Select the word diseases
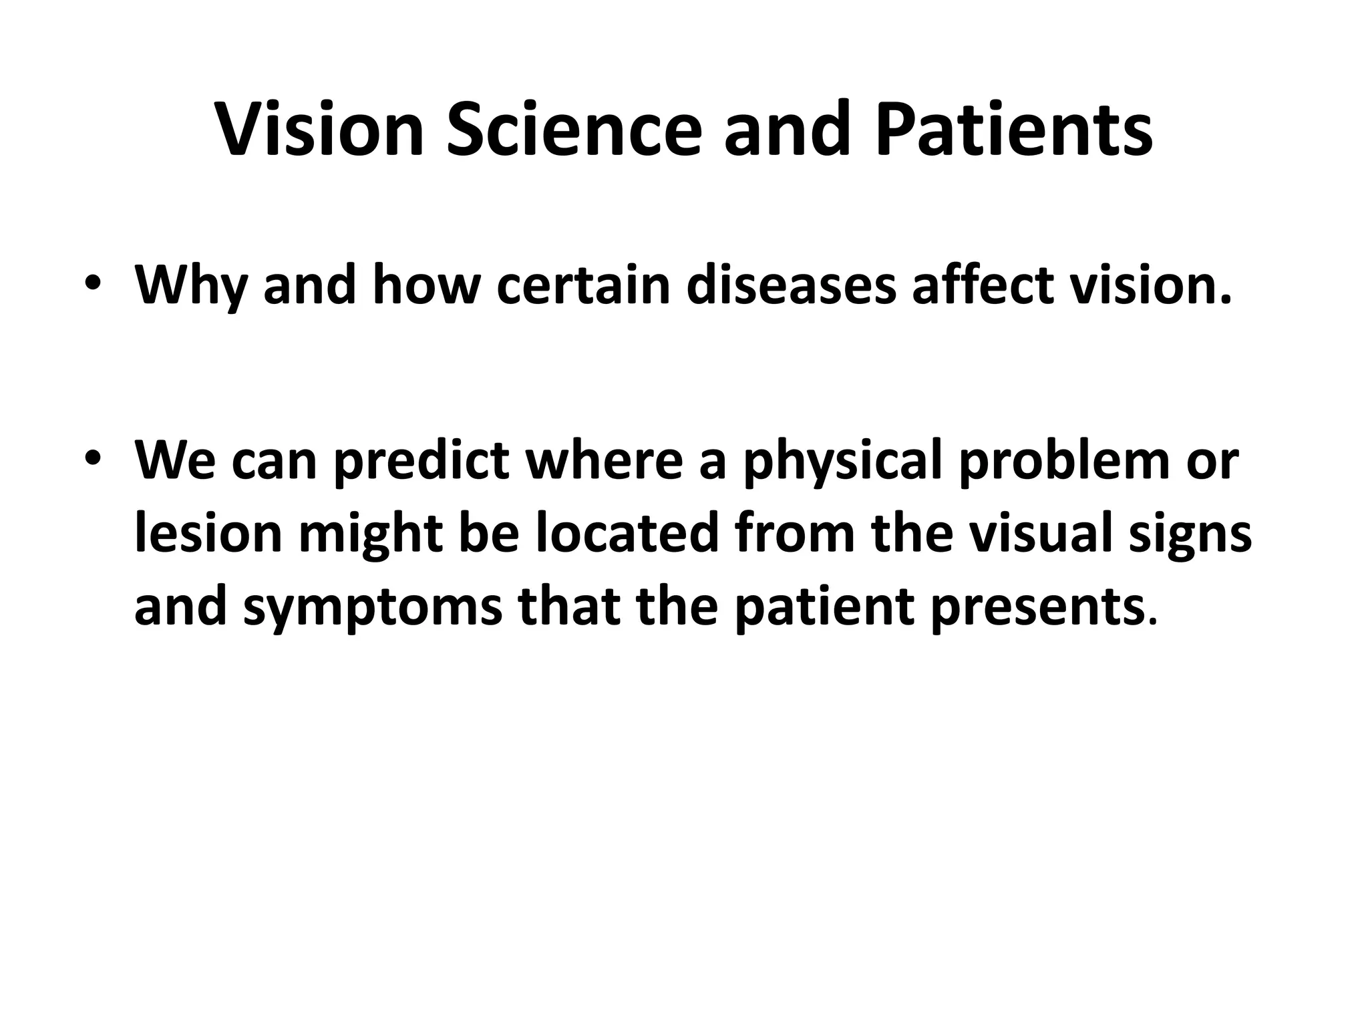coord(791,285)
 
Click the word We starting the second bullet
coord(175,460)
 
